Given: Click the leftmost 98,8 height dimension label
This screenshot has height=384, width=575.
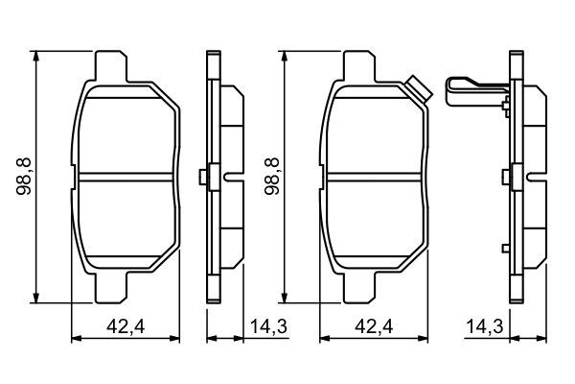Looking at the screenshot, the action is (24, 177).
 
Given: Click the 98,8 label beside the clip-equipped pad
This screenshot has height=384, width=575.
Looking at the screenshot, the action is (272, 177).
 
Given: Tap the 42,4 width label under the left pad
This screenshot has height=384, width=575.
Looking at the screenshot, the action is (126, 326).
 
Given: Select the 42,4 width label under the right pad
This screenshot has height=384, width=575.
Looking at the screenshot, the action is (374, 326).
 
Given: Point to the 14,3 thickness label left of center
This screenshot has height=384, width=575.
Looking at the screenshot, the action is (268, 326).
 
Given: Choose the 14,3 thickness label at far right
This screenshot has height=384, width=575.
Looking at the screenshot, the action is (485, 326).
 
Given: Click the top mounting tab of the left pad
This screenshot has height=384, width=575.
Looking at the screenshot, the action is (111, 66).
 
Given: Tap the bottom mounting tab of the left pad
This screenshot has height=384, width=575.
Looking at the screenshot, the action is (111, 288).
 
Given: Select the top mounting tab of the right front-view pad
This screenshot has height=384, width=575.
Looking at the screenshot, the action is (359, 66).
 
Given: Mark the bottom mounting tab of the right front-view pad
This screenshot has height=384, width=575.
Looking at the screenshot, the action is (359, 288).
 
